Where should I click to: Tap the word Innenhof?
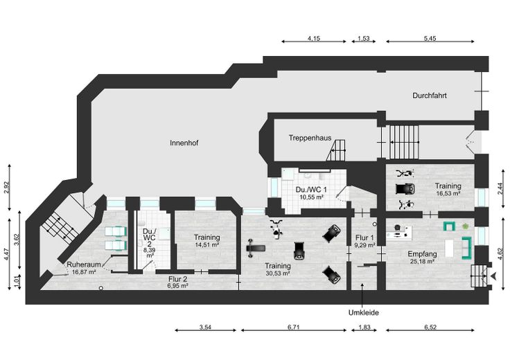tap(184, 143)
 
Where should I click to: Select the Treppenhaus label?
tap(309, 138)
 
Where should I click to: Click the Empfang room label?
tap(421, 253)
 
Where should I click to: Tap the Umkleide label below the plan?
tap(364, 313)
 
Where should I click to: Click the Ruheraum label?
tap(81, 264)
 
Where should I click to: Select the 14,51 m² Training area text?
tap(206, 244)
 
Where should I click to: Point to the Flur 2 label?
tap(178, 278)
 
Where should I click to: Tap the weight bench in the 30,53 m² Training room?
tap(256, 244)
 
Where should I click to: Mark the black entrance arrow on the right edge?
tap(493, 276)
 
